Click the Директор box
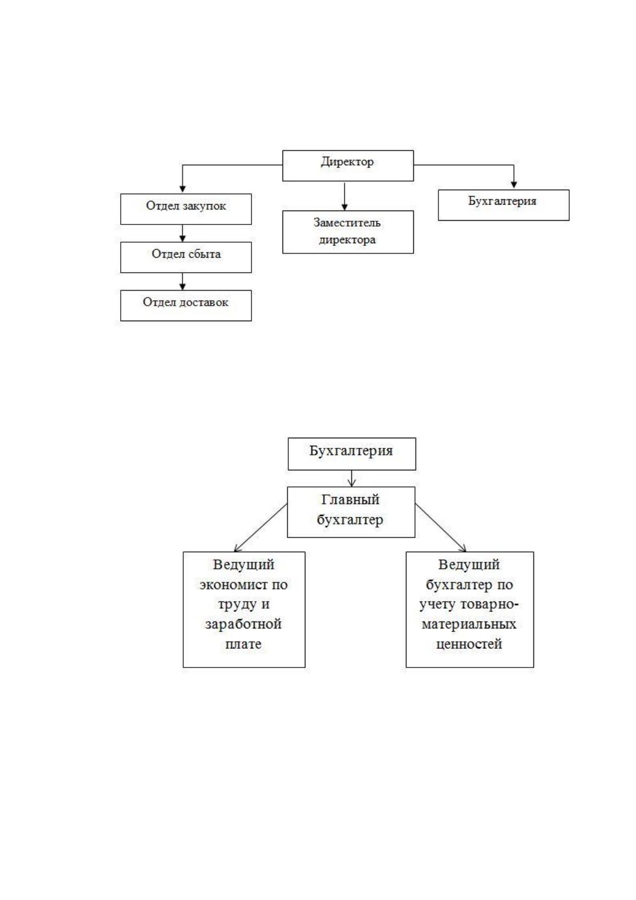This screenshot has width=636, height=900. point(348,166)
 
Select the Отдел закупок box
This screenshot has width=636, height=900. point(186,209)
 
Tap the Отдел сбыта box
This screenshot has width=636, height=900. point(186,257)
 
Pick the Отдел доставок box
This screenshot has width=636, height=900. point(186,305)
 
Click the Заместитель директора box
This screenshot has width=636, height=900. point(348,232)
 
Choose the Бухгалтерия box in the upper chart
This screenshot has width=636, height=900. point(504,205)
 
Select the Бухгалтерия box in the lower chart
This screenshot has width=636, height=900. point(352,454)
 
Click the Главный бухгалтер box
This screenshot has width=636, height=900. point(351,513)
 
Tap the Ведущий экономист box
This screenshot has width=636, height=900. point(244,609)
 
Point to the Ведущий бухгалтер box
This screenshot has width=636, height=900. point(470,609)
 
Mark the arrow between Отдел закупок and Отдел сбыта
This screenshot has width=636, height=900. point(183,233)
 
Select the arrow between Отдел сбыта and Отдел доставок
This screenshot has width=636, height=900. point(183,281)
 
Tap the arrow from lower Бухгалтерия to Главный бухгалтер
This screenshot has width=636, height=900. point(352,478)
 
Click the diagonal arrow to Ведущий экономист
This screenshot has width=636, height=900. point(261,527)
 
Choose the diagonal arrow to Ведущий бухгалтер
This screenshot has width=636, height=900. point(441,527)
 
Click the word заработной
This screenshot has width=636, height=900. point(244,624)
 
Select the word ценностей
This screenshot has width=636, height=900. point(469,645)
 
